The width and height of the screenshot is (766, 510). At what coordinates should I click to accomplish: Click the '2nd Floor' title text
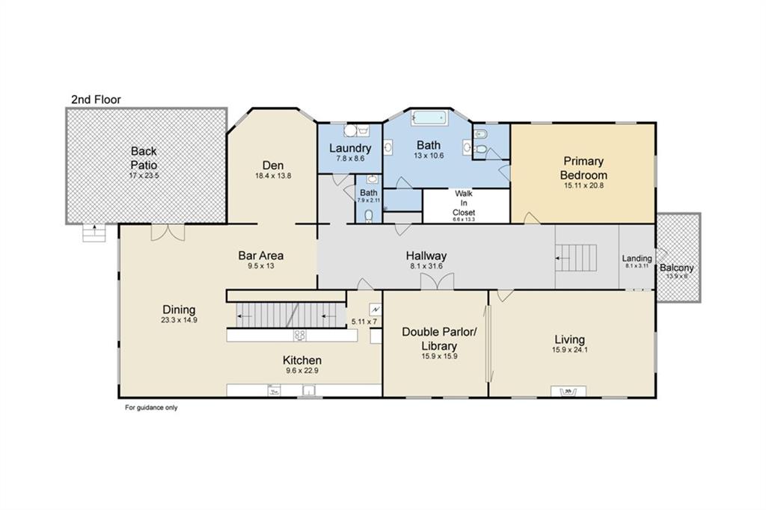pyautogui.click(x=96, y=99)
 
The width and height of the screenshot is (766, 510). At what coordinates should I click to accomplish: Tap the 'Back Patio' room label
pyautogui.click(x=144, y=158)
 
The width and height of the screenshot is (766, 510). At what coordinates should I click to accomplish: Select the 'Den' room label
pyautogui.click(x=272, y=165)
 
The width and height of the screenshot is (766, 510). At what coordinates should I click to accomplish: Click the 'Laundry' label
pyautogui.click(x=350, y=148)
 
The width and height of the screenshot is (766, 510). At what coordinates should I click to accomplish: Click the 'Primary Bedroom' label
pyautogui.click(x=583, y=168)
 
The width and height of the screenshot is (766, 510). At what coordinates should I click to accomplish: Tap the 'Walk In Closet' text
pyautogui.click(x=464, y=203)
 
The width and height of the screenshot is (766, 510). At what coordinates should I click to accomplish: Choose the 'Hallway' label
pyautogui.click(x=426, y=256)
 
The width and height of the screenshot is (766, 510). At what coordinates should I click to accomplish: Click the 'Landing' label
pyautogui.click(x=637, y=258)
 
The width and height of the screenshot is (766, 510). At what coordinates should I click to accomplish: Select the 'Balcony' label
pyautogui.click(x=676, y=268)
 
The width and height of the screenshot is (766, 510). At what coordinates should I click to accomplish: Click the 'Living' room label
pyautogui.click(x=569, y=340)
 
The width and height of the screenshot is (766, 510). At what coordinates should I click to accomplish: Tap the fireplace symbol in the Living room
pyautogui.click(x=569, y=391)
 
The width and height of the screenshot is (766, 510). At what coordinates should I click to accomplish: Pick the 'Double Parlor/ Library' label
pyautogui.click(x=439, y=339)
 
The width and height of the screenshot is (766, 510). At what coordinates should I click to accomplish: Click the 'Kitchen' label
pyautogui.click(x=302, y=360)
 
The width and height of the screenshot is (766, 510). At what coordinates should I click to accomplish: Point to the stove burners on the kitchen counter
pyautogui.click(x=299, y=335)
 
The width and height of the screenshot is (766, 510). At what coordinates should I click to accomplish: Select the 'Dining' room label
pyautogui.click(x=179, y=310)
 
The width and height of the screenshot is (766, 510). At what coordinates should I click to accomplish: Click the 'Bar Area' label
pyautogui.click(x=261, y=255)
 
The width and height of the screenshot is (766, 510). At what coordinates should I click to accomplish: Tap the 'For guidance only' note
pyautogui.click(x=151, y=408)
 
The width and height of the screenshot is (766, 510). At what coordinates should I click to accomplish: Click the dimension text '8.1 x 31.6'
pyautogui.click(x=426, y=266)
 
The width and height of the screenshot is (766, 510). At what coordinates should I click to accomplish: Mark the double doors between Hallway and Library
pyautogui.click(x=437, y=282)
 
